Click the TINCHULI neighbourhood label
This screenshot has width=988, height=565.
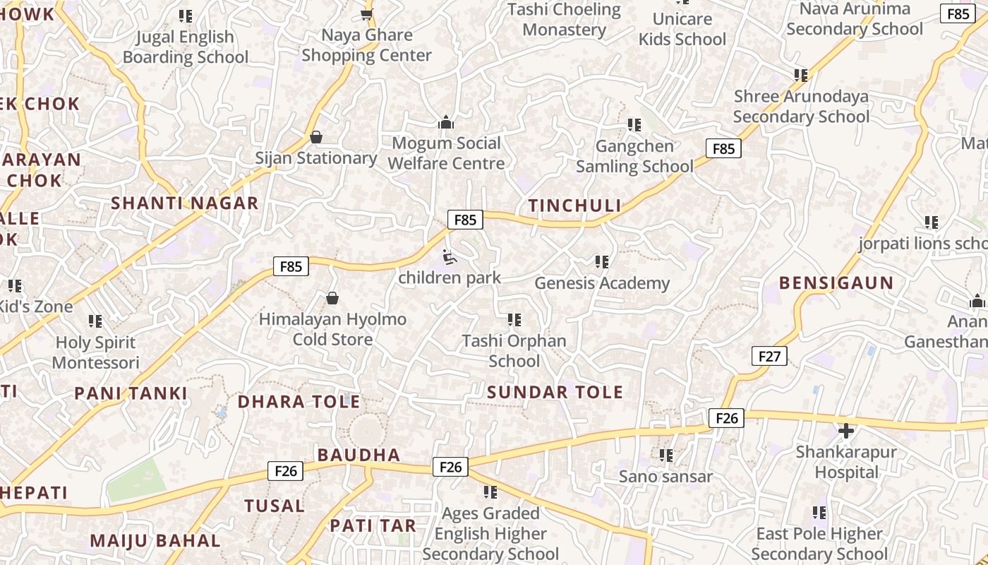574,206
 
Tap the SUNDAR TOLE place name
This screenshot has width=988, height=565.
555,392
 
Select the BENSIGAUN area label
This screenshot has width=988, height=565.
836,283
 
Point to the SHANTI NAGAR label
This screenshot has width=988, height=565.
185,203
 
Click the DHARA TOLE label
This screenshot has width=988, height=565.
299,402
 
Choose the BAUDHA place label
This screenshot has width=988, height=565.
359,456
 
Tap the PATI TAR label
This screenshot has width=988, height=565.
373,525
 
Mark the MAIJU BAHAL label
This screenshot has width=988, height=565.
155,541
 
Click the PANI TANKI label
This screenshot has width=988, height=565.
131,393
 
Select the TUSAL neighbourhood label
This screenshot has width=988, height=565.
275,506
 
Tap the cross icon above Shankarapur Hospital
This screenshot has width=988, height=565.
845,430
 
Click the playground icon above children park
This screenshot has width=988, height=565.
449,258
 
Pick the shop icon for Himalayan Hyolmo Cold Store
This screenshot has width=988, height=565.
332,299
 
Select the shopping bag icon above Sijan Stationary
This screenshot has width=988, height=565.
316,137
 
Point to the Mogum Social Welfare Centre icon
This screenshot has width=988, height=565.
445,123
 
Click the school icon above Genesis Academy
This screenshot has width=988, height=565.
601,262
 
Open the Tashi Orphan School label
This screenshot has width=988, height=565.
514,351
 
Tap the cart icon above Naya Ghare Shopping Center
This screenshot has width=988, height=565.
366,14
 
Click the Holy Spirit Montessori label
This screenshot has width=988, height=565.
96,352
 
